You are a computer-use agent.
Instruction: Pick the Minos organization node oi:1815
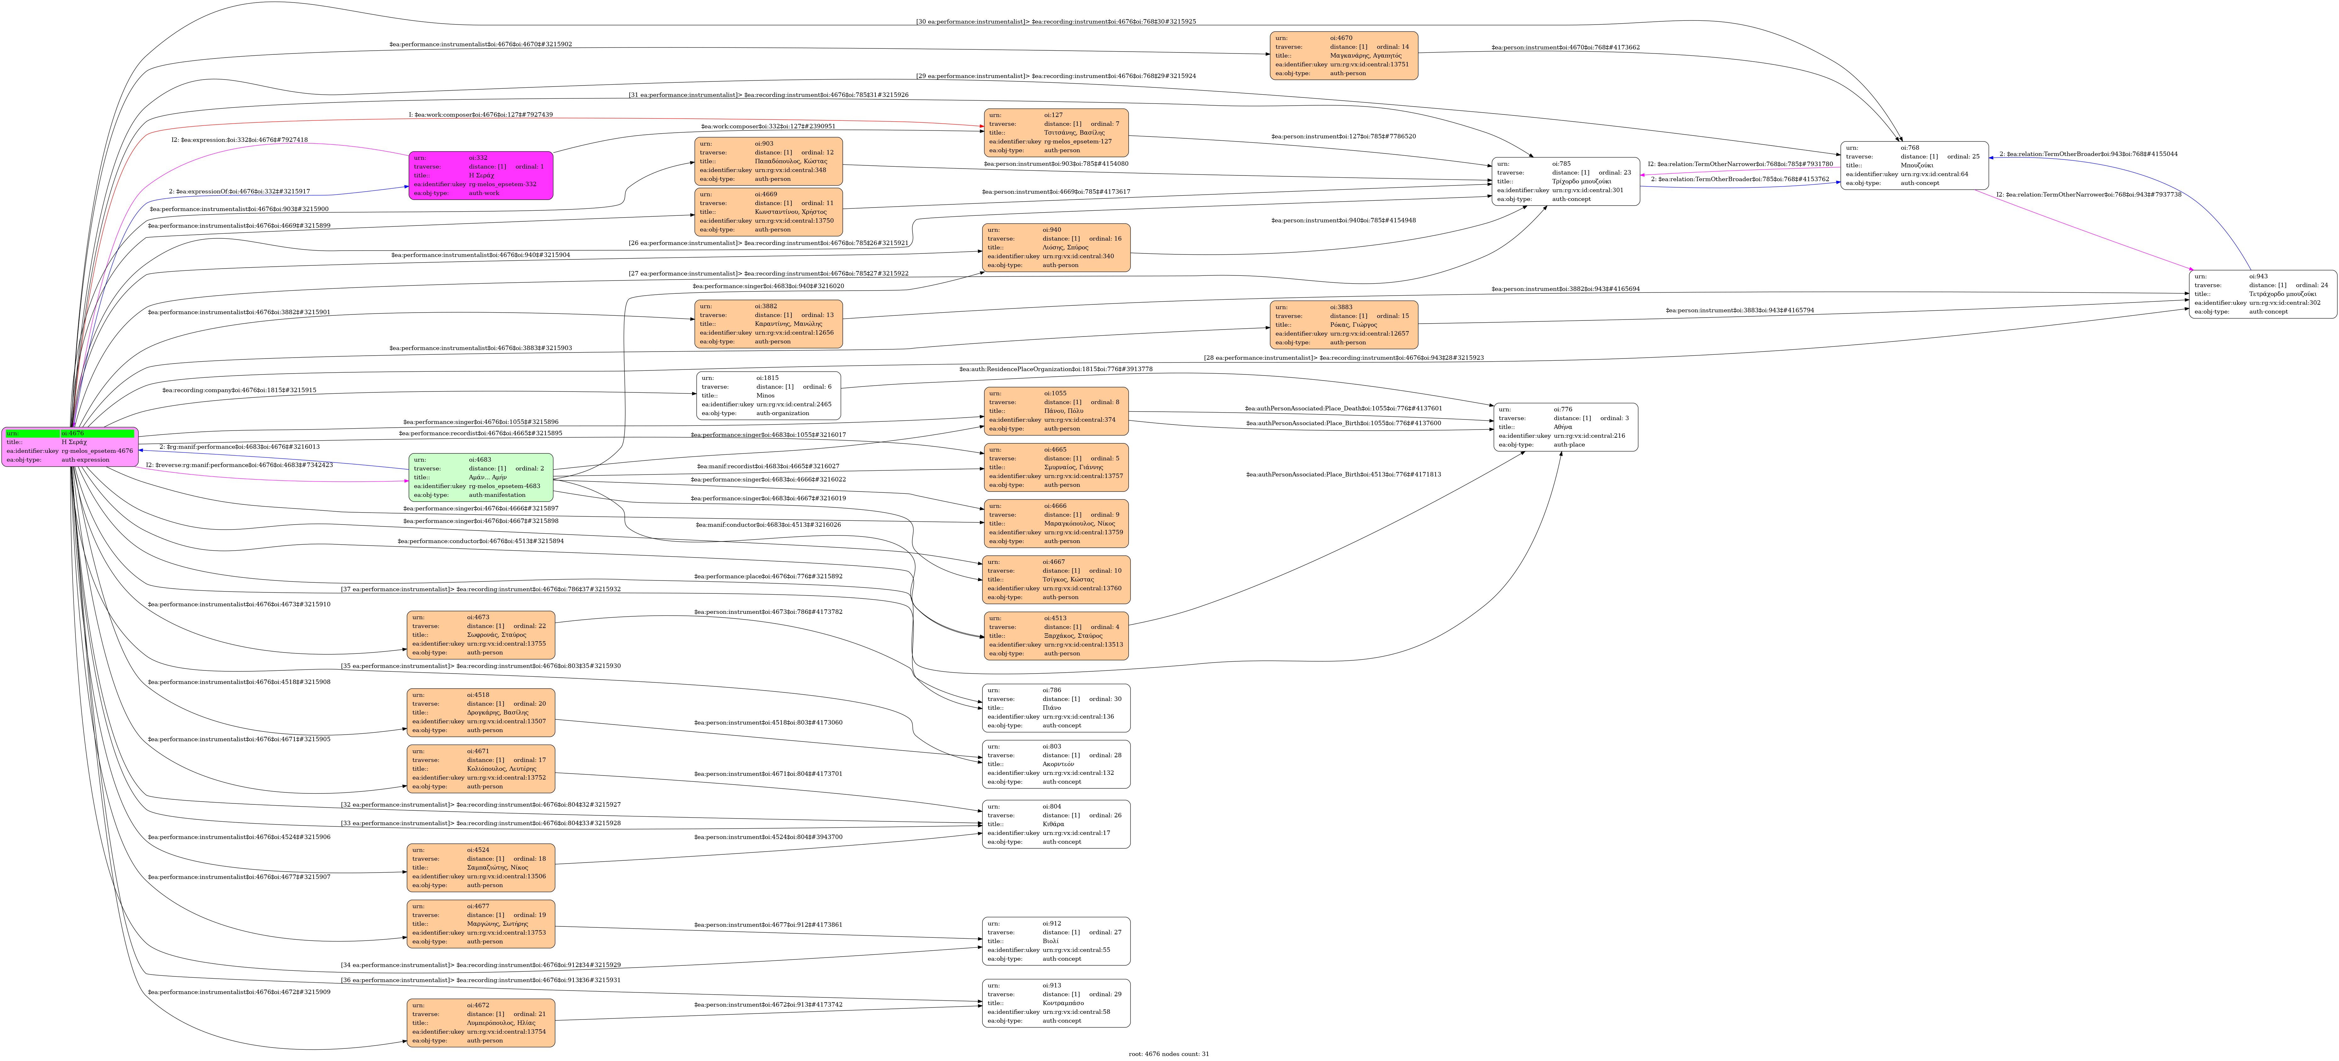[x=768, y=396]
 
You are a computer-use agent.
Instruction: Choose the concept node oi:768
[x=1914, y=165]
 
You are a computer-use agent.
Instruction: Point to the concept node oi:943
[x=2263, y=294]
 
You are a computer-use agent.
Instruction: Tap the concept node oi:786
[x=1056, y=708]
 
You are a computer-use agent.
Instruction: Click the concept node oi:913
[x=1056, y=1003]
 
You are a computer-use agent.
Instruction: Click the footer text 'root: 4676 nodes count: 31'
[x=1169, y=1054]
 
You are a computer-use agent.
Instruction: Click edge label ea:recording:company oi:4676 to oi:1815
[x=240, y=390]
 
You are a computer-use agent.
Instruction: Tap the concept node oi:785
[x=1566, y=181]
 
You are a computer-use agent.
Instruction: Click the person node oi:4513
[x=1056, y=635]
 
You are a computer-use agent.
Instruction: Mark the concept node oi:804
[x=1056, y=824]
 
